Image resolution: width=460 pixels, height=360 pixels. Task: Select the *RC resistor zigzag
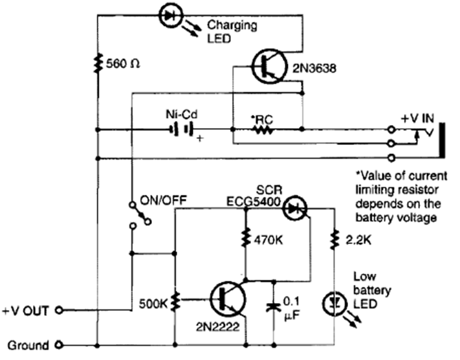261,129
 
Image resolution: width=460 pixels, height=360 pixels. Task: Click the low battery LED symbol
334,301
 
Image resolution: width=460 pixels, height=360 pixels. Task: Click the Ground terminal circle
60,344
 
